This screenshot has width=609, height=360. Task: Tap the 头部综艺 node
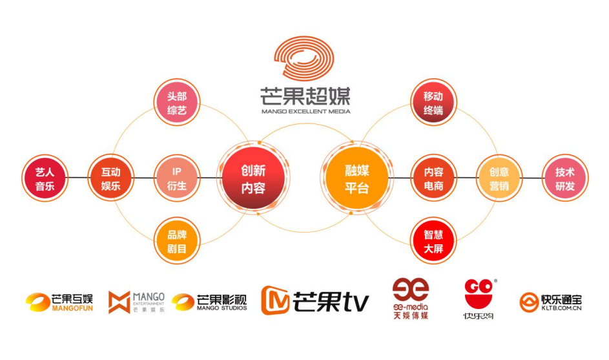coord(176,102)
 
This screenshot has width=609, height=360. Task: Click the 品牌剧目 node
coord(176,241)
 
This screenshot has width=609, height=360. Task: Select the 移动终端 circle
coord(433,102)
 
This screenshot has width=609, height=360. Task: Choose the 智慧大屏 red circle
coord(433,240)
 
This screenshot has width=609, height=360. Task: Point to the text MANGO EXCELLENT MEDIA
coord(305,111)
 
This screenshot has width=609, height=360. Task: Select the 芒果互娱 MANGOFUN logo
coord(59,302)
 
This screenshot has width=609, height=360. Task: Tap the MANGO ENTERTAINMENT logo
coord(136,302)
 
